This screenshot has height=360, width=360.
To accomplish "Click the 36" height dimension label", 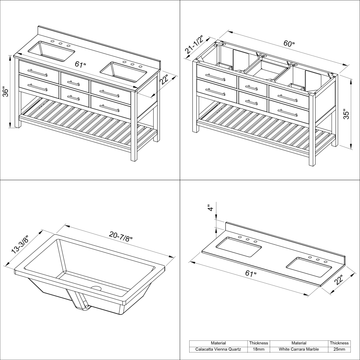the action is (x=5, y=91).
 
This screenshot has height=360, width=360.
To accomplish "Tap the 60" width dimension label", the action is (x=289, y=43).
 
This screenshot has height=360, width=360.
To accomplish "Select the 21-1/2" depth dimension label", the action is (x=194, y=44).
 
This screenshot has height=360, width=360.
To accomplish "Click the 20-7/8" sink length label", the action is (x=121, y=236).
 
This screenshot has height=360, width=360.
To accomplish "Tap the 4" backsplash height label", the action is (x=210, y=208).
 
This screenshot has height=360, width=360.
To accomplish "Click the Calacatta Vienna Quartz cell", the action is (x=218, y=349).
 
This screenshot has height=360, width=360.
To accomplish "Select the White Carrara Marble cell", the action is (x=299, y=349).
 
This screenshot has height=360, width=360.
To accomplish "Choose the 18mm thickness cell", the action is (x=258, y=349).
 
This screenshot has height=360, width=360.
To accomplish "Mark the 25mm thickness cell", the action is (x=339, y=349).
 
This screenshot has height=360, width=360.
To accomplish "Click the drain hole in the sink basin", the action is (x=96, y=288).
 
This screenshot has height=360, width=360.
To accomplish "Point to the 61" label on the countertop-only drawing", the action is (x=251, y=273).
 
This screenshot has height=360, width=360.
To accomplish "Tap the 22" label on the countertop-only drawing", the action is (x=339, y=280).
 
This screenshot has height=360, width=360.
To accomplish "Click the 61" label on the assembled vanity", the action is (x=80, y=64).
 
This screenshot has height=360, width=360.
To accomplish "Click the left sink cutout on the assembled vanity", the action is (x=52, y=51).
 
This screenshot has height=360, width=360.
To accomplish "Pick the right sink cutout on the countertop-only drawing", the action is (x=309, y=266).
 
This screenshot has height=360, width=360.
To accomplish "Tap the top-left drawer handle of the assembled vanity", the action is (x=38, y=73).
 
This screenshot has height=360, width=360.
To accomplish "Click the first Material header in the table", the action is (x=218, y=343).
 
